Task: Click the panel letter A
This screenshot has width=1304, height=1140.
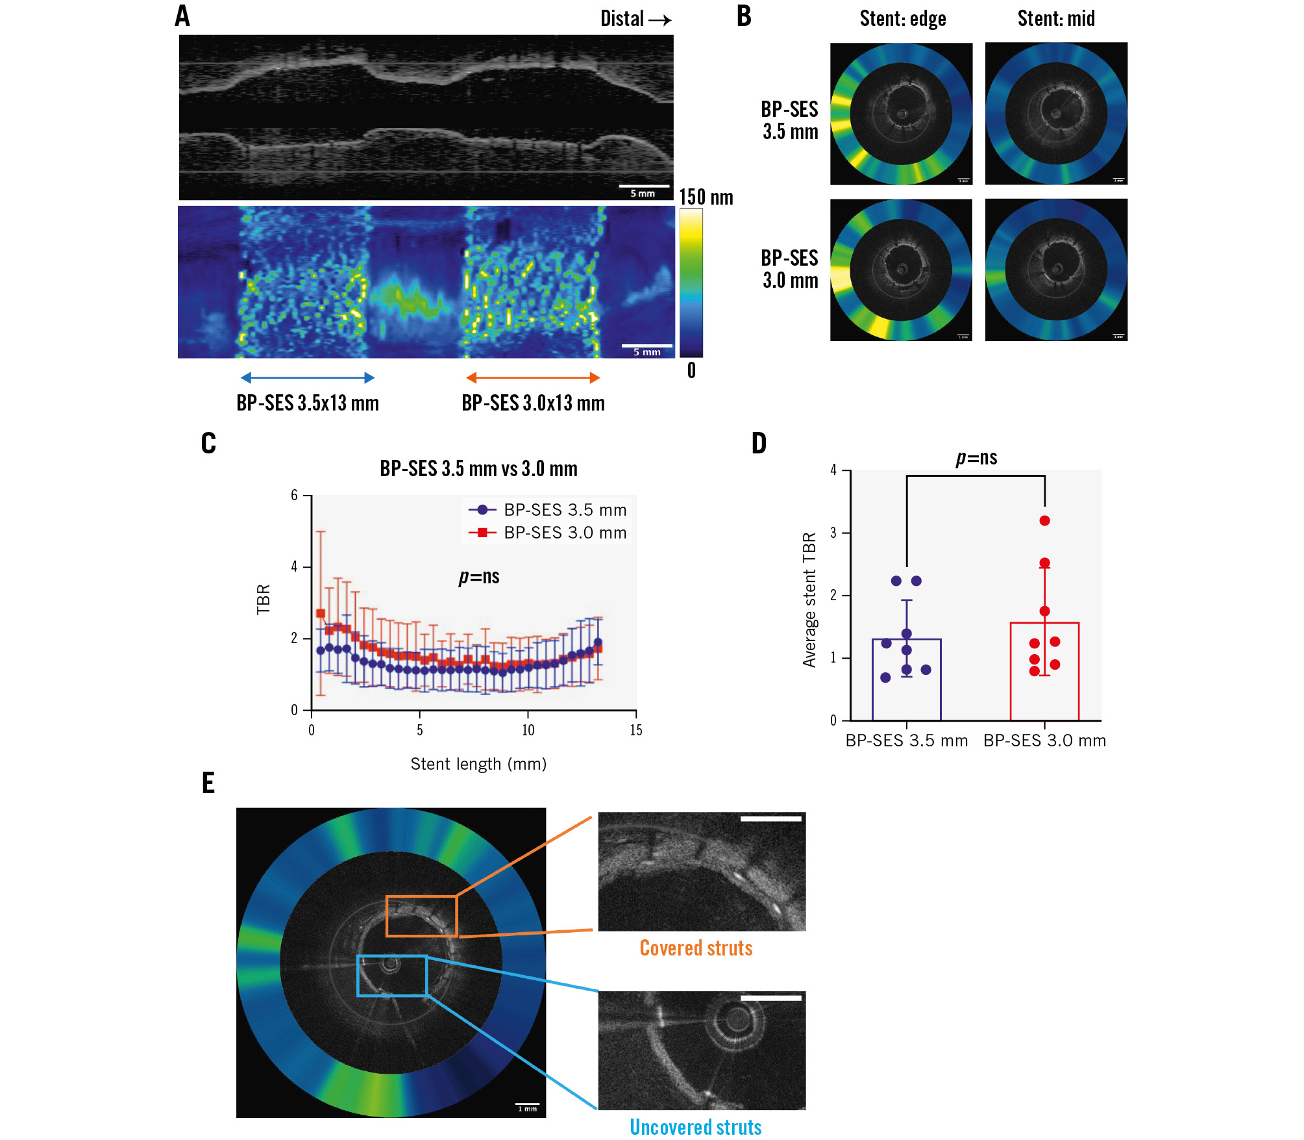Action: pos(182,16)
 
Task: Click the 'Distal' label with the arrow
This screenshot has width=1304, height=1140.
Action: pos(634,19)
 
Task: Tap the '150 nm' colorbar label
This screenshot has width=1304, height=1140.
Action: pos(706,197)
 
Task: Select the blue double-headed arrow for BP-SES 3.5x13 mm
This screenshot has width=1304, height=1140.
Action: pos(307,377)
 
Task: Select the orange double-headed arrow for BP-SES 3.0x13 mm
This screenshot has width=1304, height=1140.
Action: pos(532,377)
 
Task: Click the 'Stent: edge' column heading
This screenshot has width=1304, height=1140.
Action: pos(902,19)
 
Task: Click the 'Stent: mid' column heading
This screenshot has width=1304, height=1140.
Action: pos(1055,19)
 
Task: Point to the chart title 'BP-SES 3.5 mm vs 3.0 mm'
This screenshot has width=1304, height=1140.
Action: pos(478,468)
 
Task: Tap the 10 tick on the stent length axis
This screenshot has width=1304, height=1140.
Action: pos(528,730)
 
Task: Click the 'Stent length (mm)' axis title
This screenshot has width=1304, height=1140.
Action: pos(478,764)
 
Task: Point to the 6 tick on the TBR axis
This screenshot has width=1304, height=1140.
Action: pos(295,496)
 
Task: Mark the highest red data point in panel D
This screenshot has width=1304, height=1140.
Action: pos(1044,520)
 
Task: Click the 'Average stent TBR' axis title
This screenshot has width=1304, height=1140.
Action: pos(809,600)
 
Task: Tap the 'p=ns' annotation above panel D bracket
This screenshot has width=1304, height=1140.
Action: pos(976,458)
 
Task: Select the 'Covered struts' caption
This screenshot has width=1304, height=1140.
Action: pos(696,948)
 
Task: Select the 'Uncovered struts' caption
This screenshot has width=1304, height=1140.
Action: pos(696,1127)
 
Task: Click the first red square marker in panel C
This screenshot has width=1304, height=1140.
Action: pos(321,613)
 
